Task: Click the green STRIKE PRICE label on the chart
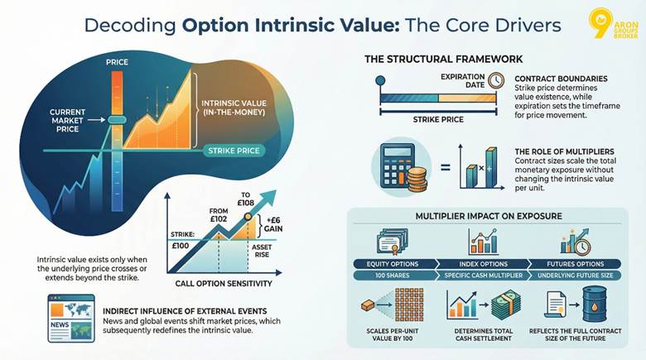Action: [234, 151]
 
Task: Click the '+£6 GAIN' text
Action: [273, 224]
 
